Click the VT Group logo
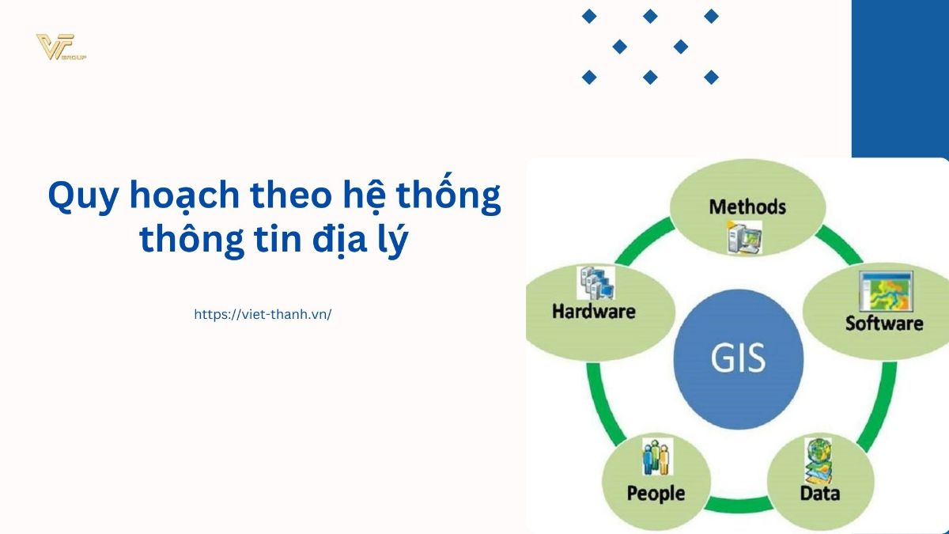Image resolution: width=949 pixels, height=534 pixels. pyautogui.click(x=61, y=47)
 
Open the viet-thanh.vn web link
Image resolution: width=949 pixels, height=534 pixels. pyautogui.click(x=263, y=315)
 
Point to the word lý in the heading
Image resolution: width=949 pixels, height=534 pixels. pyautogui.click(x=394, y=240)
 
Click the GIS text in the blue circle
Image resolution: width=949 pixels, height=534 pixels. pyautogui.click(x=738, y=358)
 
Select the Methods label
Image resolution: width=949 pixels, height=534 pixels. pyautogui.click(x=747, y=206)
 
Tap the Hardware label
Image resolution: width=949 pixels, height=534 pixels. pyautogui.click(x=594, y=312)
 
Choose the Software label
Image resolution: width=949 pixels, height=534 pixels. pyautogui.click(x=884, y=324)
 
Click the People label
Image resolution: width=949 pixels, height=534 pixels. pyautogui.click(x=656, y=494)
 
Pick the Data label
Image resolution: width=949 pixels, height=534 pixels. pyautogui.click(x=820, y=494)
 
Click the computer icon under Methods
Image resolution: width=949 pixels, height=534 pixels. pyautogui.click(x=744, y=237)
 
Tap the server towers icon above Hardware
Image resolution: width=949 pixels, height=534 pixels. pyautogui.click(x=595, y=282)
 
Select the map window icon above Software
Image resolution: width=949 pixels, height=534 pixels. pyautogui.click(x=886, y=292)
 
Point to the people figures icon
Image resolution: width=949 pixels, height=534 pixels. pyautogui.click(x=657, y=456)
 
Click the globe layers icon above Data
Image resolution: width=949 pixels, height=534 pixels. pyautogui.click(x=818, y=460)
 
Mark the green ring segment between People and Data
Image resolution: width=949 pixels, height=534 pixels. pyautogui.click(x=739, y=505)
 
